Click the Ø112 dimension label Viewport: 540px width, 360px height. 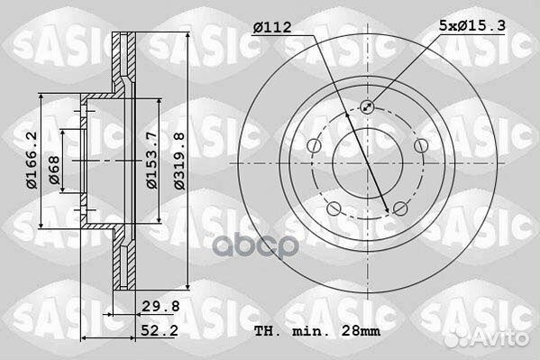coord(272,28)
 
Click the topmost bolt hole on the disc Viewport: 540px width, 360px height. coord(366,107)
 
